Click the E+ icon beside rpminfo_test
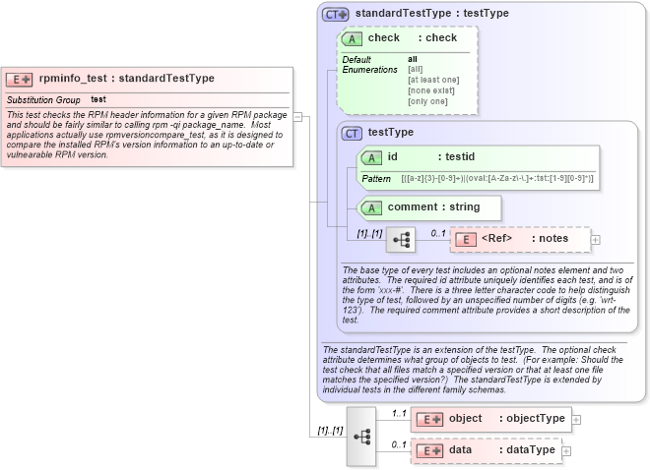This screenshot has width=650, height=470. (x=20, y=79)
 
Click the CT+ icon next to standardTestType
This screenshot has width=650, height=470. (x=336, y=15)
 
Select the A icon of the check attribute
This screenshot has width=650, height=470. (x=352, y=38)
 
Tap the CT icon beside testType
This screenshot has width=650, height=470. (x=351, y=133)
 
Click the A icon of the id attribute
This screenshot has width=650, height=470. (x=371, y=157)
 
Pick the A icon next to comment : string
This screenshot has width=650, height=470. (x=371, y=207)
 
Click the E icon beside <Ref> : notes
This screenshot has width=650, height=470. (x=465, y=239)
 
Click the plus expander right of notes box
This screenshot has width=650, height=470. (x=595, y=239)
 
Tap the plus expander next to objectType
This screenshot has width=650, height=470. (x=577, y=419)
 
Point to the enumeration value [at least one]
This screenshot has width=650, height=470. (x=433, y=80)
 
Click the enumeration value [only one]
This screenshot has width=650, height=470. (x=426, y=101)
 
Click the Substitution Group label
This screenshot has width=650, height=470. (x=43, y=100)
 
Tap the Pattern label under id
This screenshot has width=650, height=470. (x=376, y=179)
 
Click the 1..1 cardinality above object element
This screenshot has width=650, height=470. (x=399, y=413)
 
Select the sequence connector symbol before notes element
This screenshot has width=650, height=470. (x=401, y=239)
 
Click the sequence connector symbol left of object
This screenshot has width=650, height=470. (x=361, y=435)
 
